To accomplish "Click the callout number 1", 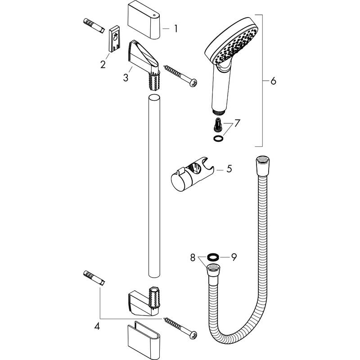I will pos(176,29).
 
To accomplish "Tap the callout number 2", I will pos(103,65).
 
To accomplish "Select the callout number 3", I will pos(126,77).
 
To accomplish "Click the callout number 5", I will pos(229,169).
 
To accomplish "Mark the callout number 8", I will pos(193,258).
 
